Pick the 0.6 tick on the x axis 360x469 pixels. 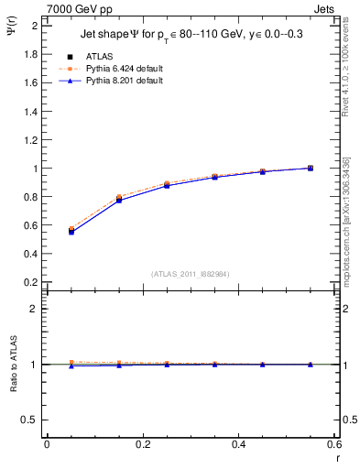tap(335, 444)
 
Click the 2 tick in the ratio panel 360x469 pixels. tap(36, 309)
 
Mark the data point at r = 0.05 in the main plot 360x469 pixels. tap(71, 231)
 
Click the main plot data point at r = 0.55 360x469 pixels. tap(311, 168)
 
